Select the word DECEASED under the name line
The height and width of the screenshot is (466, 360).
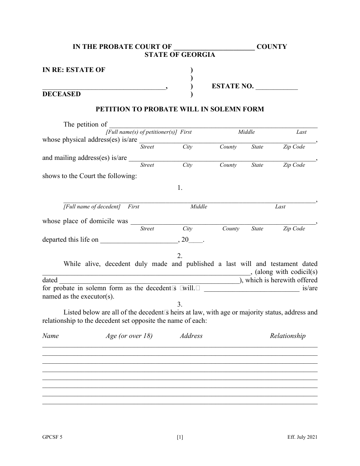61,94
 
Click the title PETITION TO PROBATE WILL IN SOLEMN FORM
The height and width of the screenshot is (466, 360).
180,109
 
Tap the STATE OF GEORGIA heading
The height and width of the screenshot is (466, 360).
180,55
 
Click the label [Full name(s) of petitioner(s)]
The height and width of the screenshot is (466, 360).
141,132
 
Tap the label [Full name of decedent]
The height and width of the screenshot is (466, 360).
92,206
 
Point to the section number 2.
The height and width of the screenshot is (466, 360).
180,256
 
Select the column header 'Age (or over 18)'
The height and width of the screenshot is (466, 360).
129,336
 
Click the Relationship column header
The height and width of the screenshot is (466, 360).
288,336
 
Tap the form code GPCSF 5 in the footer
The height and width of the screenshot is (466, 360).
52,437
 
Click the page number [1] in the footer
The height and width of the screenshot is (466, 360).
180,437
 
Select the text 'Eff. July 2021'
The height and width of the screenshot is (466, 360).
302,437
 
